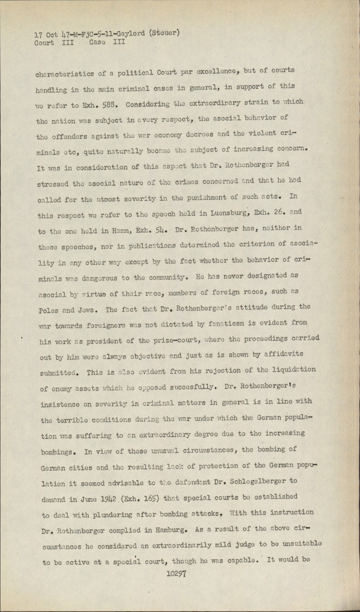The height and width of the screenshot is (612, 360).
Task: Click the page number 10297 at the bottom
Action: [x=176, y=574]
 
